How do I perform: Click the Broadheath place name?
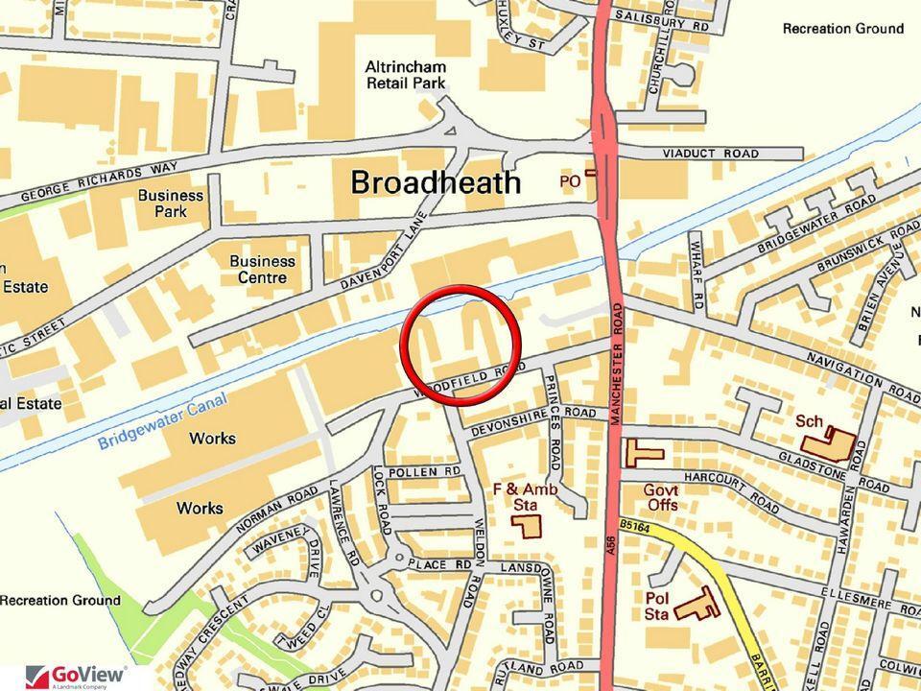436,182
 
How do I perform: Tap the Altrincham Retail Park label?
407,75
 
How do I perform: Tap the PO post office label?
573,180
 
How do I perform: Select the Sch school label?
811,420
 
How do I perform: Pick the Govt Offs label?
662,497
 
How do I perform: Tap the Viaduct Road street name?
710,154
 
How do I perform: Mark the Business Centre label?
262,270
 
